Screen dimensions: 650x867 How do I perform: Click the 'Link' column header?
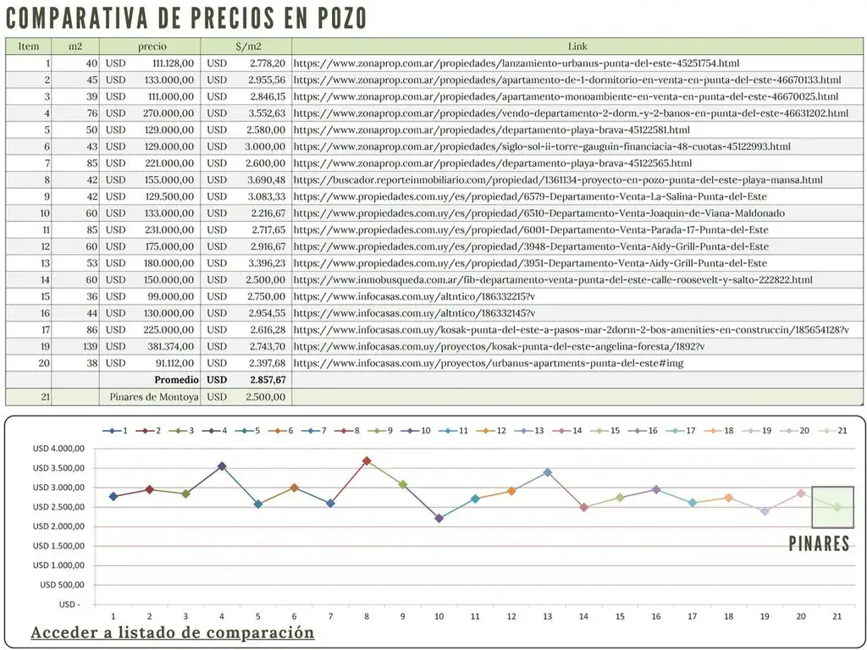pyautogui.click(x=577, y=47)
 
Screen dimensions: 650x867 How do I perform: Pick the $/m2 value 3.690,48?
pyautogui.click(x=266, y=179)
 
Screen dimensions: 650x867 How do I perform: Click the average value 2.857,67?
pyautogui.click(x=266, y=380)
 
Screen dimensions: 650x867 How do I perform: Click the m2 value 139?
pyautogui.click(x=90, y=347)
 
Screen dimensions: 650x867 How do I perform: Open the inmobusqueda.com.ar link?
pyautogui.click(x=552, y=280)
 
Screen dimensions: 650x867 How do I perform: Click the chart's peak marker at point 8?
pyautogui.click(x=367, y=460)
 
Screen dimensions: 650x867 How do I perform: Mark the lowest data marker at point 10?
pyautogui.click(x=439, y=518)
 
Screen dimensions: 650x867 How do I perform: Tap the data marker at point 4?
pyautogui.click(x=222, y=465)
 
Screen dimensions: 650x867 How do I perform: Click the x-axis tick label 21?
pyautogui.click(x=837, y=615)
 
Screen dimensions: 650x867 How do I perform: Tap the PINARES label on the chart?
pyautogui.click(x=819, y=543)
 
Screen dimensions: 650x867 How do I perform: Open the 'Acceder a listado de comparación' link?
pyautogui.click(x=173, y=633)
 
